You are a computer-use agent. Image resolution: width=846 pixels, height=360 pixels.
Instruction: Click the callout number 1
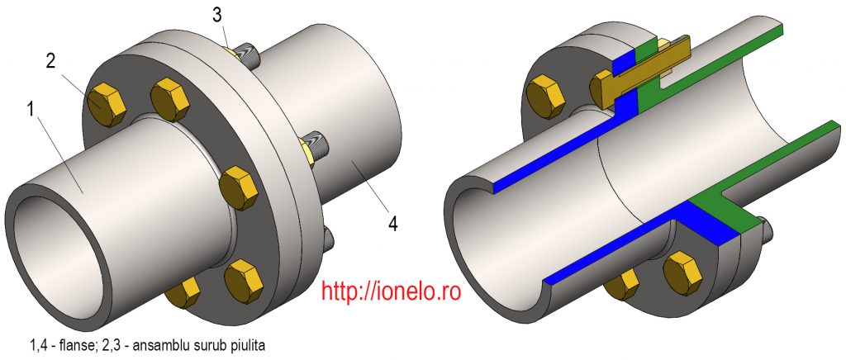click(31, 111)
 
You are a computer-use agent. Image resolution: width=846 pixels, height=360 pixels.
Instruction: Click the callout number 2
click(50, 61)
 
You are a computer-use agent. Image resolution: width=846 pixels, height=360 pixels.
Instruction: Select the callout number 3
click(217, 15)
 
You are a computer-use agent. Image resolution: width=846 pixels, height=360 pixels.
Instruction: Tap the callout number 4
click(392, 223)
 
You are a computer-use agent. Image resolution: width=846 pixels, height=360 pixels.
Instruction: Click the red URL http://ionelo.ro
click(391, 290)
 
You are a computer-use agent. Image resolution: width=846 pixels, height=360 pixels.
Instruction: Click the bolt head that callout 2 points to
click(107, 104)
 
